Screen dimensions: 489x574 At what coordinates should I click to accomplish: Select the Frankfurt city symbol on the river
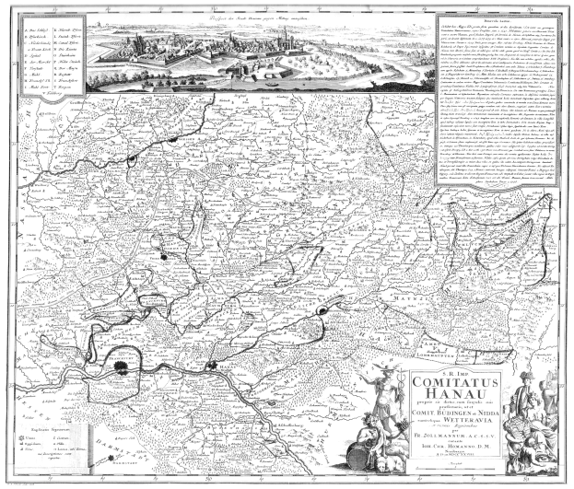coord(123,368)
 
